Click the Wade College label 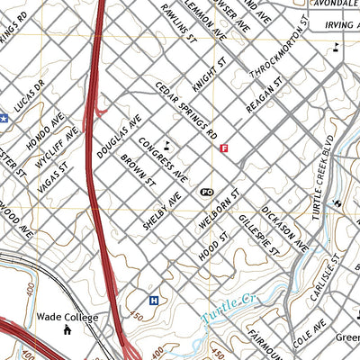pos(67,317)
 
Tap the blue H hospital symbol pos(154,301)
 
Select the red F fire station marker pos(224,148)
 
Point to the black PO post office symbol pos(206,192)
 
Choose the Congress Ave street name pos(162,158)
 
